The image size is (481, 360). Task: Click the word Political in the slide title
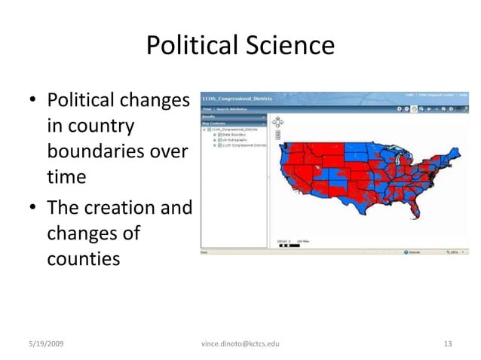pyautogui.click(x=188, y=47)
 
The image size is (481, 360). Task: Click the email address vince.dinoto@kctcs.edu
pyautogui.click(x=240, y=343)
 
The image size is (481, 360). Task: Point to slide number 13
pyautogui.click(x=448, y=343)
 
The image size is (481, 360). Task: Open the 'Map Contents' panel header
pyautogui.click(x=215, y=124)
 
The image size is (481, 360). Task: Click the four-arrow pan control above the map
pyautogui.click(x=278, y=121)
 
